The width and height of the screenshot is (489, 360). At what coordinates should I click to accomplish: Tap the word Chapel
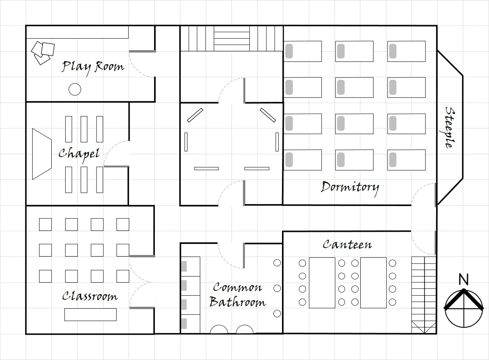79,155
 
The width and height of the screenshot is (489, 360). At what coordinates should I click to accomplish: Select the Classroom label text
90,296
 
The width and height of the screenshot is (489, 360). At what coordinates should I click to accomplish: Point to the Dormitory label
350,188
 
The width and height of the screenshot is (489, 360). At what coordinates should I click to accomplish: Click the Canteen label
347,244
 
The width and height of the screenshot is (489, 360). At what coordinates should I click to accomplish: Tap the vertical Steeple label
450,127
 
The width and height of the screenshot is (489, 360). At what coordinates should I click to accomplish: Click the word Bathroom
238,302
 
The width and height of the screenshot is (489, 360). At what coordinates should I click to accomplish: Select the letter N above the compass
464,279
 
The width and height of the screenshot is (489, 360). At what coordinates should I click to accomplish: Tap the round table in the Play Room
75,89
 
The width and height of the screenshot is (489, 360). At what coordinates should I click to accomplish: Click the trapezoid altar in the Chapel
42,154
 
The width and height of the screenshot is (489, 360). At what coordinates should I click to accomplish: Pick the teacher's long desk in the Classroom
90,314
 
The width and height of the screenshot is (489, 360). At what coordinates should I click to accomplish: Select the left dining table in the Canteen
322,283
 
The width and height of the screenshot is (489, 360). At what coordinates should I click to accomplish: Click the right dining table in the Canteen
373,283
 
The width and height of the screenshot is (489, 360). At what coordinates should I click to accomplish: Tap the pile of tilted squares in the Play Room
43,53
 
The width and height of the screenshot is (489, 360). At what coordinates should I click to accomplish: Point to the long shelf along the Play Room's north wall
77,32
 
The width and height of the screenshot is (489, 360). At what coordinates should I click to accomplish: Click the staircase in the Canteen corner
424,295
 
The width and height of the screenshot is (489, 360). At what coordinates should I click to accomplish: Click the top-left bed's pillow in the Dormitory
289,51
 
